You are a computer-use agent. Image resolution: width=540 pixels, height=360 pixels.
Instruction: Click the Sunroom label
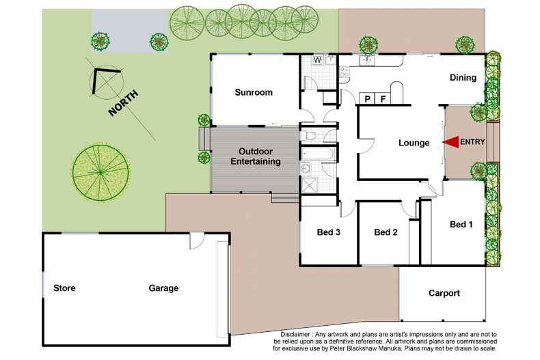pos(254,93)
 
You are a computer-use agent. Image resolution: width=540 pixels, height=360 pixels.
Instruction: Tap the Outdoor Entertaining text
pos(255,156)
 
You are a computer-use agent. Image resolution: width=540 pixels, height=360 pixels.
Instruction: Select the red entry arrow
pos(450,141)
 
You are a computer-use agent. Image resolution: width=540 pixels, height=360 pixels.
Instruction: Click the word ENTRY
pos(474,141)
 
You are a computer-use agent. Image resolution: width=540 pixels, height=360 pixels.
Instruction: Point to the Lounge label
pos(414,143)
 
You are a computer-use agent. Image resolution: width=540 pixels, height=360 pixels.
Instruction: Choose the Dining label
pos(463,78)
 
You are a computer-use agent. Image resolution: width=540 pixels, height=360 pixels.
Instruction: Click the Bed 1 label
pos(461,224)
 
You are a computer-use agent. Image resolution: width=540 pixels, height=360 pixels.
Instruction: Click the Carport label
pos(444,293)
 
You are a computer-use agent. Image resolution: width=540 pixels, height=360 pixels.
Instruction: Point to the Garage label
pos(163,288)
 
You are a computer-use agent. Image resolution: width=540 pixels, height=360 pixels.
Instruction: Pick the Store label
pos(64,288)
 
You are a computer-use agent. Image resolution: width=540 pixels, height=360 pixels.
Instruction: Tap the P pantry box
pos(367,99)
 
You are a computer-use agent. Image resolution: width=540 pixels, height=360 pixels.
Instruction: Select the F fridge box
pos(383,99)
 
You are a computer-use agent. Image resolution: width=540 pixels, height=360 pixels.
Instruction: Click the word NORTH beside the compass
pos(123,103)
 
